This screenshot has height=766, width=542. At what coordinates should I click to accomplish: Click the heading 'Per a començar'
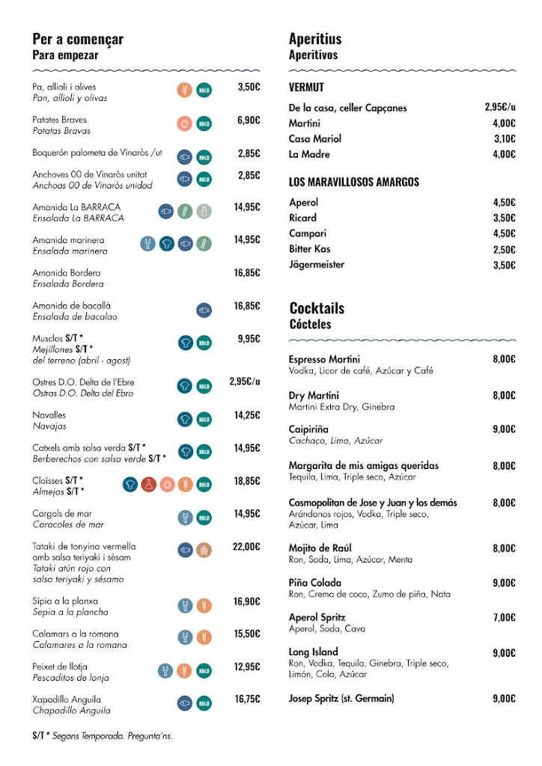coord(78,39)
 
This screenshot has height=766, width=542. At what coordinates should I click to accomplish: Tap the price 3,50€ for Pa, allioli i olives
coord(249,87)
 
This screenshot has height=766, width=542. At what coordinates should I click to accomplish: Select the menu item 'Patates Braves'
coord(60,120)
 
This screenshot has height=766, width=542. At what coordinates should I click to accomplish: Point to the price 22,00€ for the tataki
coord(246,547)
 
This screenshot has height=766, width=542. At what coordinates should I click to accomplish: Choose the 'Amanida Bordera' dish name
coord(66,273)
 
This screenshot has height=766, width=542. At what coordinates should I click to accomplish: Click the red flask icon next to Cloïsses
coord(148,485)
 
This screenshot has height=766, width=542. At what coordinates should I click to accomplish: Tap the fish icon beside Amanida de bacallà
coord(204,310)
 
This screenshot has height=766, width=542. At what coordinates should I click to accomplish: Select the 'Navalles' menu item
coord(49,415)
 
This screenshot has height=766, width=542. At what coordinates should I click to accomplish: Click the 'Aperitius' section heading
coord(315,39)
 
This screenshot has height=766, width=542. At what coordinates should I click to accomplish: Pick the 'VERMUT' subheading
coord(306,88)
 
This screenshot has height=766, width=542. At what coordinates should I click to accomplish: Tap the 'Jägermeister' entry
coord(318,264)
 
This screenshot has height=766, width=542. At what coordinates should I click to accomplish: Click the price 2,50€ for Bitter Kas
coord(504,250)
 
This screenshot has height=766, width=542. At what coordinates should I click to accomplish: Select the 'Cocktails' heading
coord(317,308)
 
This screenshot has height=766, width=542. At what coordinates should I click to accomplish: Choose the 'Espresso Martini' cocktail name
coord(324,359)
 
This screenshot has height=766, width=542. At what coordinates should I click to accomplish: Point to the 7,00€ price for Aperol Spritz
coord(504,618)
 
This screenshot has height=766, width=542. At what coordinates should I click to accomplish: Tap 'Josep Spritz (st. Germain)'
coord(341,699)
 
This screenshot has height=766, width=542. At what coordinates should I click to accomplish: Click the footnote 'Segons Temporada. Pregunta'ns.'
coord(112,736)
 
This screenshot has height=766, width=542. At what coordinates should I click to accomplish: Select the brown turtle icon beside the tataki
coord(204,551)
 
